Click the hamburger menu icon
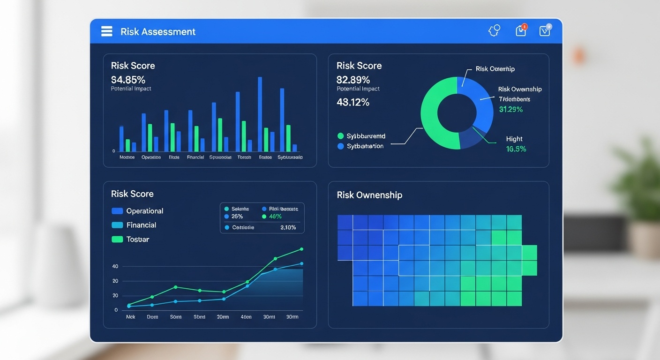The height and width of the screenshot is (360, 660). [x=107, y=31]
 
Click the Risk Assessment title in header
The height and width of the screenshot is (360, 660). [x=158, y=32]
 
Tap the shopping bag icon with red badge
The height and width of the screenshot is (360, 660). [x=521, y=31]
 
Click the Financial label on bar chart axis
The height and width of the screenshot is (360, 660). [x=195, y=157]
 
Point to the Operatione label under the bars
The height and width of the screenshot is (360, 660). [x=151, y=157]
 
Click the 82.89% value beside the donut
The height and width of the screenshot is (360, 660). [x=353, y=79]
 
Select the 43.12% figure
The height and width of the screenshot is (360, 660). [x=353, y=102]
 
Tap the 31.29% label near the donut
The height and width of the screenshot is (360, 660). [x=511, y=109]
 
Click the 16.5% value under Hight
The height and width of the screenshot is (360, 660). [x=516, y=149]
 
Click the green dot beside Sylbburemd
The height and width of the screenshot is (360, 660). [x=341, y=136]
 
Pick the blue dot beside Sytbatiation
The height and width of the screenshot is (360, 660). [x=341, y=146]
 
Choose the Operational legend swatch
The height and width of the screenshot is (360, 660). [x=117, y=211]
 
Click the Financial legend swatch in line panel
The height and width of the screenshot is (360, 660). [x=117, y=225]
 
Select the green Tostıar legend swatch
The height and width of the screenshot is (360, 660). [x=117, y=239]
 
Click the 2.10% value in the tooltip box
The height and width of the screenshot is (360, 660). [x=288, y=227]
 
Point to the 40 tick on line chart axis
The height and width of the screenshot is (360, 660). [x=115, y=266]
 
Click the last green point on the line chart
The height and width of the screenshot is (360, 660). [x=301, y=249]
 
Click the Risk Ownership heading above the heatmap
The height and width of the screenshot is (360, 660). [x=369, y=195]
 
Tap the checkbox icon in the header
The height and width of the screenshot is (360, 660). [x=545, y=31]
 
